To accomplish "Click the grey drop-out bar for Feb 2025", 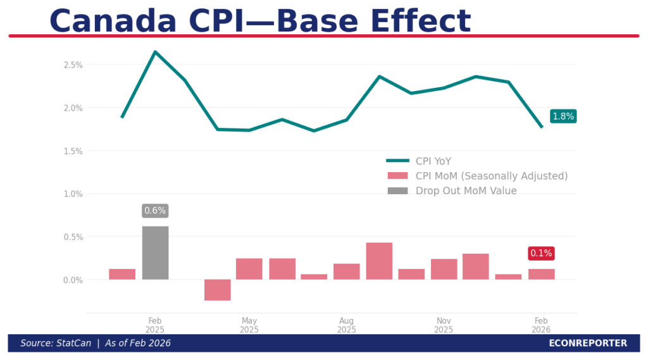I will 155,252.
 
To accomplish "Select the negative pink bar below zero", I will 217,290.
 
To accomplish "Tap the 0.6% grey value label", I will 155,211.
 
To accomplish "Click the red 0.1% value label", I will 541,253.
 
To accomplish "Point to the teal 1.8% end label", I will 563,116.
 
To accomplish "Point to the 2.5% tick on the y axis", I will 73,65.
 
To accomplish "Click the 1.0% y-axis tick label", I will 73,194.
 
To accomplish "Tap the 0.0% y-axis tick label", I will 73,280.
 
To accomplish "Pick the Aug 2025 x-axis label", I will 346,325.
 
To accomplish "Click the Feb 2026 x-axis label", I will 541,325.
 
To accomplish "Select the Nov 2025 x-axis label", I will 444,325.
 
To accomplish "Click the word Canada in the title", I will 113,21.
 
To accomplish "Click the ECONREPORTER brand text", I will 588,344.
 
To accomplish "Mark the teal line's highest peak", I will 155,52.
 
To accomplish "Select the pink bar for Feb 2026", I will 541,274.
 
